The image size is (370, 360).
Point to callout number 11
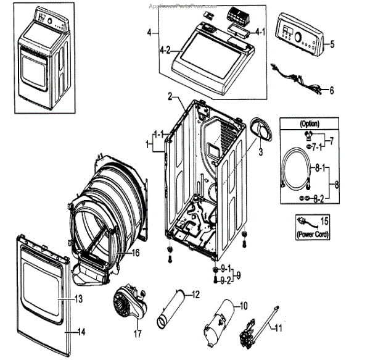click(277, 329)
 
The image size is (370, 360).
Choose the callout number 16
click(136, 253)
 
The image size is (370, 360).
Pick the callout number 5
click(332, 44)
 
